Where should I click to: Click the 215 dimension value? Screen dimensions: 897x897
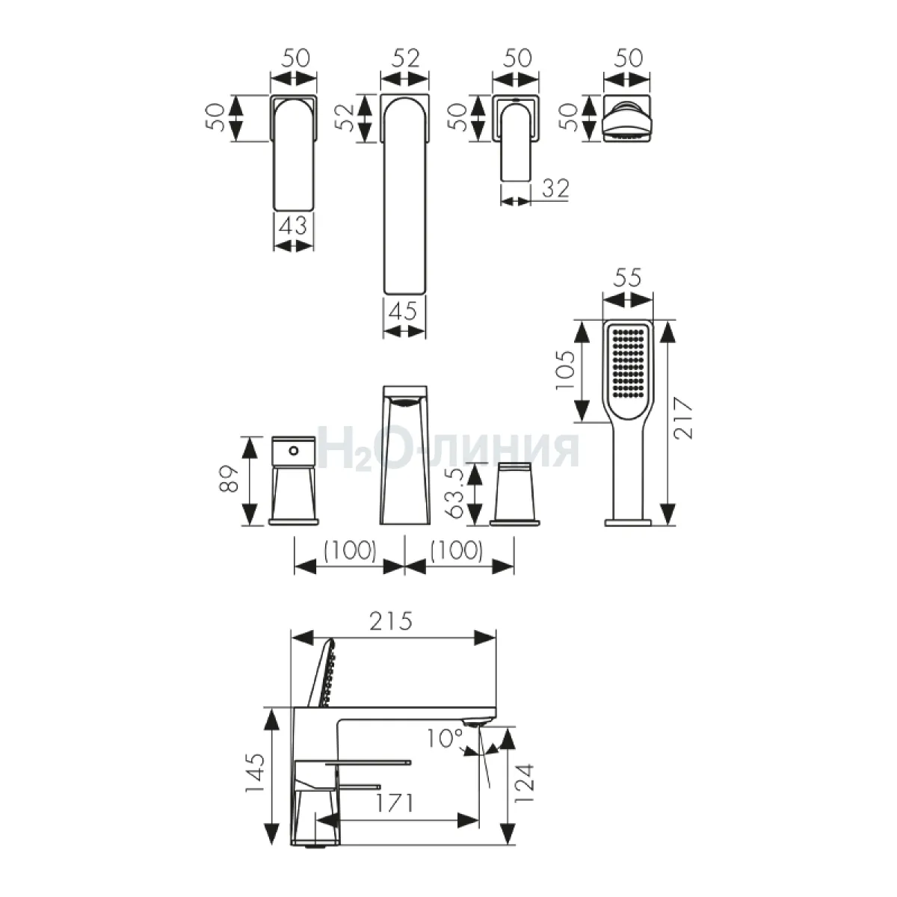point(391,620)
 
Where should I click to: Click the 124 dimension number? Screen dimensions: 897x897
point(524,783)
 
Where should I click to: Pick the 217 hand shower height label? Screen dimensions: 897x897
point(683,418)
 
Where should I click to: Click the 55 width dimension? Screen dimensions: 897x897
point(627,277)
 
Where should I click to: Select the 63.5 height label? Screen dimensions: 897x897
point(454,493)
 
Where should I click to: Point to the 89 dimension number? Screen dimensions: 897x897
point(229,478)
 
